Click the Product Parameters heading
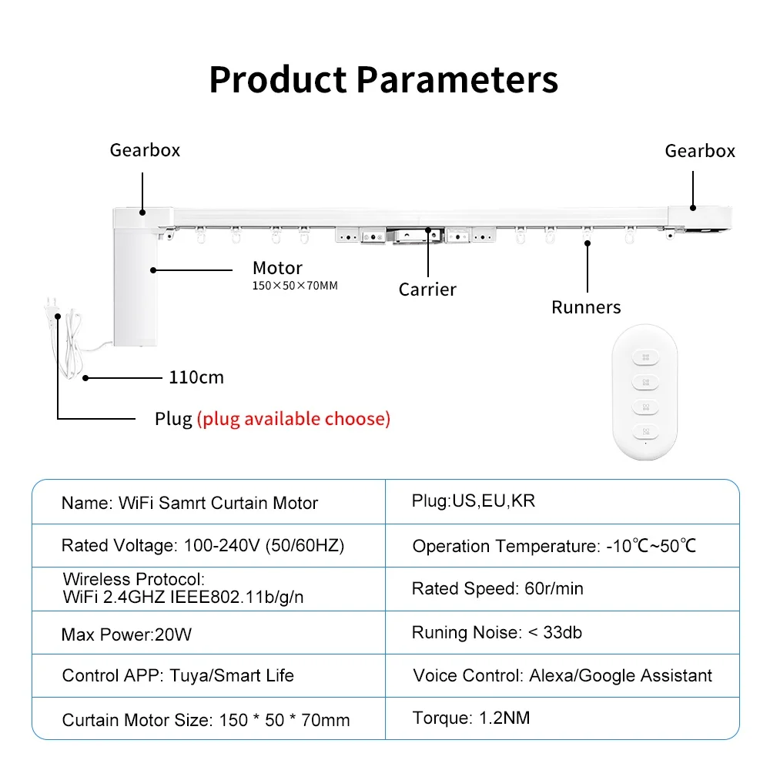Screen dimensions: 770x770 383,80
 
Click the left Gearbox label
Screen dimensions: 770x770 145,149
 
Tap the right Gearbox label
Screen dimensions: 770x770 700,151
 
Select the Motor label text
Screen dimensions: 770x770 277,268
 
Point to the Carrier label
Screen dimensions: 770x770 427,290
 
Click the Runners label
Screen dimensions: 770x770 586,307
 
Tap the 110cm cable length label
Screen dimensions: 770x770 196,377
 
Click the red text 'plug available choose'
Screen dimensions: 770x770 293,419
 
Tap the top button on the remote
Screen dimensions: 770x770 644,357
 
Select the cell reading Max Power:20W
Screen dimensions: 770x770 126,634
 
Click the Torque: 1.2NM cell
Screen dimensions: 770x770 471,718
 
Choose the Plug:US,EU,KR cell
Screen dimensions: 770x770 474,501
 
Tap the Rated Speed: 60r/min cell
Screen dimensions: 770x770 497,589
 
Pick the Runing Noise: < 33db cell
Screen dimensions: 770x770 497,633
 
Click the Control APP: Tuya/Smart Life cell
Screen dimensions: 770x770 178,676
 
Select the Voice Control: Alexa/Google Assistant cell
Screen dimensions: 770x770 562,676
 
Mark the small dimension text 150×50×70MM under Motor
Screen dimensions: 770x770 295,286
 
